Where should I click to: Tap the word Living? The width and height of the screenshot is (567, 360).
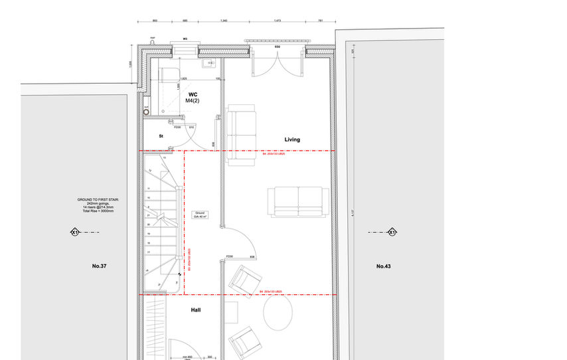tap(292, 139)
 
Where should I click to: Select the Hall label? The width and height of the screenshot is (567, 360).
tap(196, 310)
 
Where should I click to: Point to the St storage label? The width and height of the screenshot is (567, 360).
tap(161, 136)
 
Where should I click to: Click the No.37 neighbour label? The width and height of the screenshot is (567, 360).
tap(100, 266)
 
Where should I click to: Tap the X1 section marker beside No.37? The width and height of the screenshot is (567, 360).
tap(74, 232)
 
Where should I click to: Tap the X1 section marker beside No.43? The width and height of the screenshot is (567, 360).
tap(392, 232)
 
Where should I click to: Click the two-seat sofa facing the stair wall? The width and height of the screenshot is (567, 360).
tap(297, 201)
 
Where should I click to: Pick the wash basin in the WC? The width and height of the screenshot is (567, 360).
tap(207, 65)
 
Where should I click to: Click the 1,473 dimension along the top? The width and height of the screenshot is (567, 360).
tap(278, 21)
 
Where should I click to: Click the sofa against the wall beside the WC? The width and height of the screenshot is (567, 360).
tap(240, 132)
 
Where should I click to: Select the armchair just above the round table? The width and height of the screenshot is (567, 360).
tap(245, 279)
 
